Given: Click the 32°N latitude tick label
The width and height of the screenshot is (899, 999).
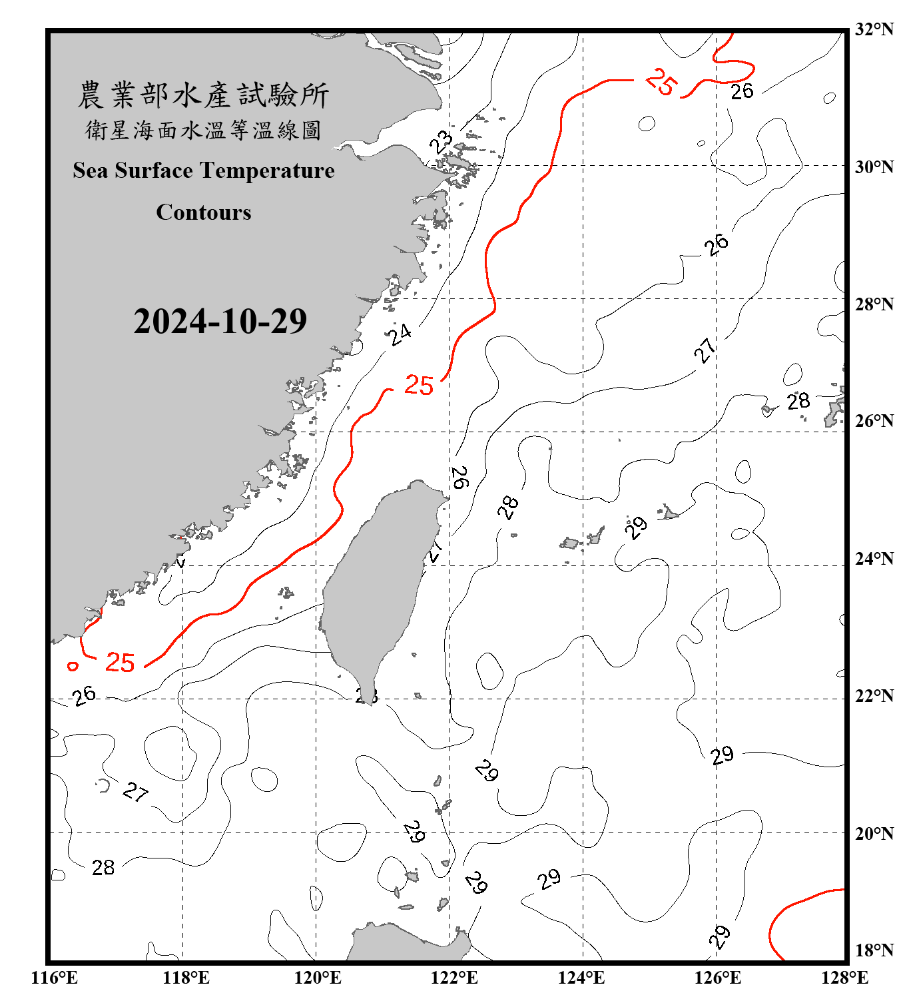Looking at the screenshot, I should pyautogui.click(x=874, y=29).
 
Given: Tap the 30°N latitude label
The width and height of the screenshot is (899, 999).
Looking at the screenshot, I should pyautogui.click(x=874, y=167).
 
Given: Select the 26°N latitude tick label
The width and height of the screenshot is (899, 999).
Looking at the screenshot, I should pyautogui.click(x=874, y=421).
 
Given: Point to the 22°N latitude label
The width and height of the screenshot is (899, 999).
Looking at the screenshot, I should pyautogui.click(x=874, y=696).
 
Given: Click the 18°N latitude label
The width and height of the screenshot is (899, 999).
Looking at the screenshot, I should pyautogui.click(x=874, y=950).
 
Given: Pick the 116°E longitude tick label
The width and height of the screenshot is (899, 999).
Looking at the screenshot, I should pyautogui.click(x=55, y=978).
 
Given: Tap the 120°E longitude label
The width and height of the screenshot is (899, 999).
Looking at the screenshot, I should pyautogui.click(x=318, y=978).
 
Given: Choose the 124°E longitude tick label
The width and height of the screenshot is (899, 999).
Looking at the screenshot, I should pyautogui.click(x=581, y=978).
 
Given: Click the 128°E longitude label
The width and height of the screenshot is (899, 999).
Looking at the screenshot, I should pyautogui.click(x=844, y=978).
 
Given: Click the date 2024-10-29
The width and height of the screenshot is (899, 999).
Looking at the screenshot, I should pyautogui.click(x=220, y=322).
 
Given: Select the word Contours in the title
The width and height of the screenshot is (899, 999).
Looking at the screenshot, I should pyautogui.click(x=204, y=212).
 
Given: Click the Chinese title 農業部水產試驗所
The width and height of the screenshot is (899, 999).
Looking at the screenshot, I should pyautogui.click(x=203, y=95).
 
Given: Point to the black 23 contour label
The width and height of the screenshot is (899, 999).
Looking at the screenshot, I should pyautogui.click(x=441, y=142).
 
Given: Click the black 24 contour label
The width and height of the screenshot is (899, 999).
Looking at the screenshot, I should pyautogui.click(x=400, y=334).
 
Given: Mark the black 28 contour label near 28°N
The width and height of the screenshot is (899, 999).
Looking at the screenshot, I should pyautogui.click(x=798, y=401).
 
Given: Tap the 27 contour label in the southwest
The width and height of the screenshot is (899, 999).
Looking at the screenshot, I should pyautogui.click(x=135, y=791).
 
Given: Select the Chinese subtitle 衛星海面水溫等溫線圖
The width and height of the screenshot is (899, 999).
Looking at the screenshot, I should pyautogui.click(x=203, y=131).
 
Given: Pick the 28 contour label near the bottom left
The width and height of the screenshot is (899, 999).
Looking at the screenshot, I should pyautogui.click(x=103, y=867).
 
